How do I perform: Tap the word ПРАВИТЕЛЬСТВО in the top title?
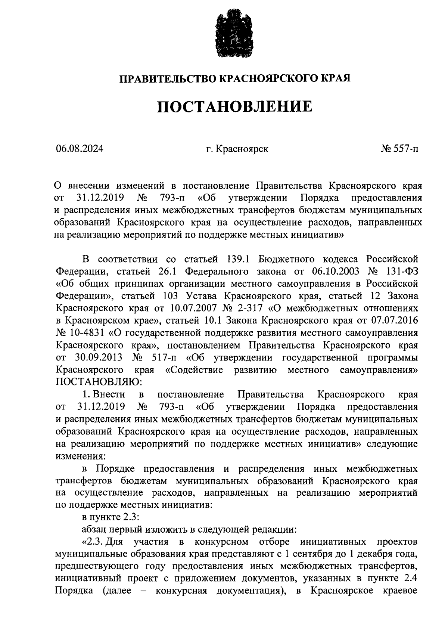167,78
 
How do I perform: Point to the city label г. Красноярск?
237,149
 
